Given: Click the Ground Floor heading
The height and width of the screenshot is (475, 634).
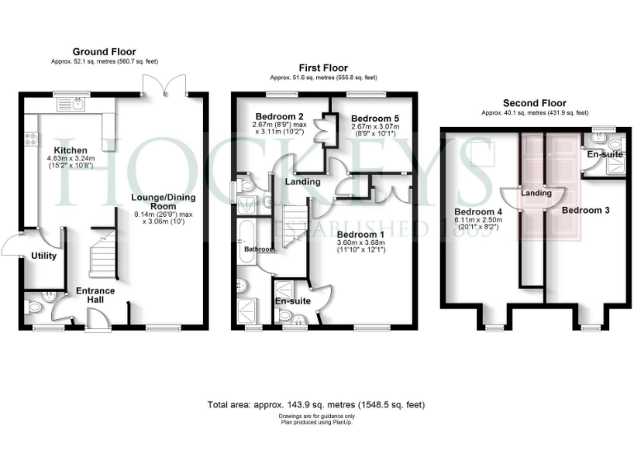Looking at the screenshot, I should click(104, 52).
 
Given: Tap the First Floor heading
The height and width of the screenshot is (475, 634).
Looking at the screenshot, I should click(324, 68).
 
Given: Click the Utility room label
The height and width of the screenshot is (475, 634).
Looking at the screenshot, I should click(44, 256).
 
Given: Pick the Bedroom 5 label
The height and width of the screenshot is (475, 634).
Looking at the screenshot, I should click(374, 119).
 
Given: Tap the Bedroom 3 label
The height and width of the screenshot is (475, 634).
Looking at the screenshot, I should click(585, 210).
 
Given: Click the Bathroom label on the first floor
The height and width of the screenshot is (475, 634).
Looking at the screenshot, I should click(257, 248).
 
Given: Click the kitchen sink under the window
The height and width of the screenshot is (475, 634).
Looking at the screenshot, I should click(76, 104).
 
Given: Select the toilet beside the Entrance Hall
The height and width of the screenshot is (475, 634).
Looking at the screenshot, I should click(34, 308).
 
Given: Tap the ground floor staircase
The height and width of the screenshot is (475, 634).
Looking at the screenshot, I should click(103, 252).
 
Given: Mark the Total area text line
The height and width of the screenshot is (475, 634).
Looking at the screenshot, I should click(316, 406).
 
